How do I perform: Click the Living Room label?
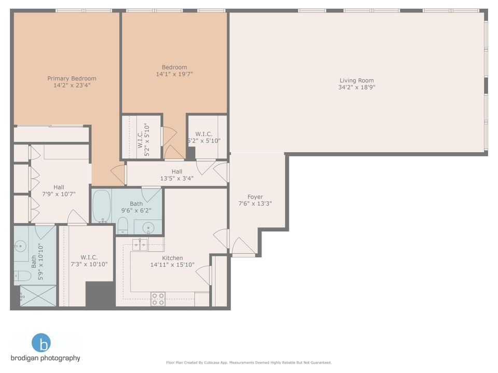(x=356, y=80)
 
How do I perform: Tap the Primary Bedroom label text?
(x=72, y=79)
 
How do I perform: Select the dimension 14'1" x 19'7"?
(x=174, y=74)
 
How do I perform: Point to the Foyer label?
(x=255, y=197)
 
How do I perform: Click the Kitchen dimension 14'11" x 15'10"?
(x=172, y=265)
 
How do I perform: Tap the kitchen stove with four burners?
(x=158, y=299)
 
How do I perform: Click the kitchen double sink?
(x=141, y=245)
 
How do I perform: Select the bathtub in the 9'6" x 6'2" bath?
(x=102, y=206)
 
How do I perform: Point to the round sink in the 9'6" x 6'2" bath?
(x=147, y=227)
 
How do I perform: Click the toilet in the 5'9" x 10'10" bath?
(x=23, y=275)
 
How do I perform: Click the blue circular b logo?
(x=41, y=343)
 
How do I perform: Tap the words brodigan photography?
(x=45, y=358)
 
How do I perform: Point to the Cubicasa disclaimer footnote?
(x=248, y=363)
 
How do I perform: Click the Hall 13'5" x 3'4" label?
(x=177, y=175)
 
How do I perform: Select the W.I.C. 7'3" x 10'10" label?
(x=89, y=261)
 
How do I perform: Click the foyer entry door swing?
(x=242, y=246)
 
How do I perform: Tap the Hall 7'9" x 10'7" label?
(x=58, y=191)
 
